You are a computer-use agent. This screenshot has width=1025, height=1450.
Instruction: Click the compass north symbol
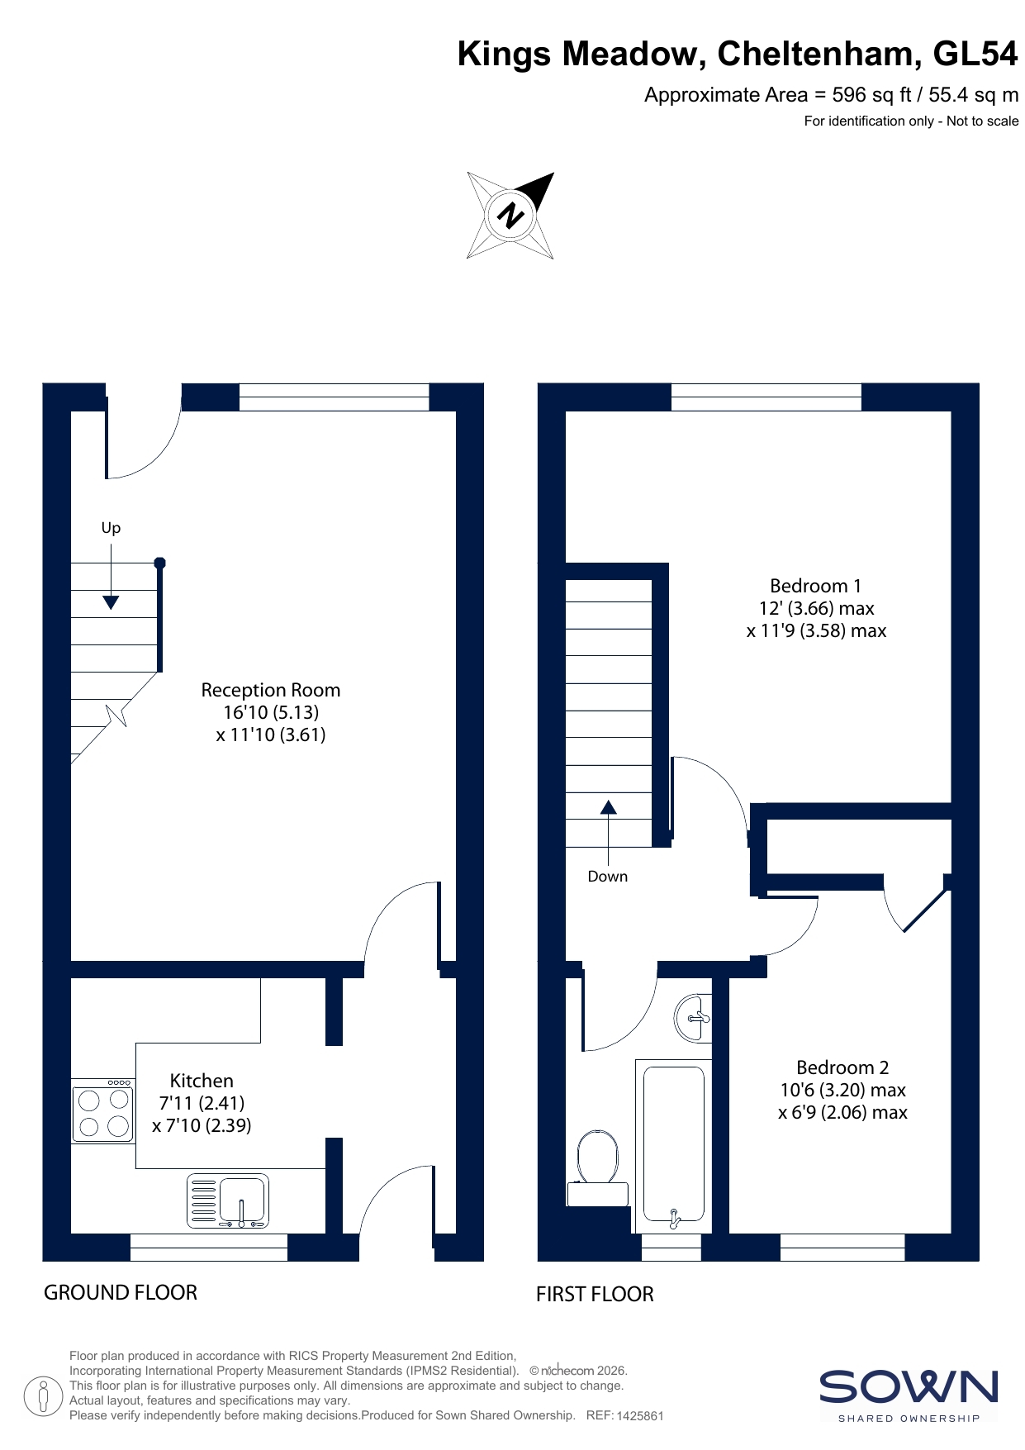click(x=510, y=216)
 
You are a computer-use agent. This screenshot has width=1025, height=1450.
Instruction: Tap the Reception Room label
click(x=271, y=690)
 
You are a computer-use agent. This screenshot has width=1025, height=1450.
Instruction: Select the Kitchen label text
click(x=202, y=1081)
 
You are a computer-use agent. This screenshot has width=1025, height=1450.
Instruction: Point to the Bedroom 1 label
click(x=815, y=586)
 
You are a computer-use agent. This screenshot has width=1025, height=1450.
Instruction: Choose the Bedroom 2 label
click(x=842, y=1067)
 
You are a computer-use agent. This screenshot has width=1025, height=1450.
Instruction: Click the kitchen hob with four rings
click(x=103, y=1111)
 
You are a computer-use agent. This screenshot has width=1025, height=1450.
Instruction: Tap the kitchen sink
click(x=227, y=1200)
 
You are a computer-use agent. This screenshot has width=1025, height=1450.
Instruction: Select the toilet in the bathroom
click(x=598, y=1168)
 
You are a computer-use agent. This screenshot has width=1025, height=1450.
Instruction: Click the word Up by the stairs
click(x=111, y=528)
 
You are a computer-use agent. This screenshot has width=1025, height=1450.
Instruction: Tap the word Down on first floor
click(x=608, y=877)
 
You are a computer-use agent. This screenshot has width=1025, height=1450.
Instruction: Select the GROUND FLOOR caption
click(x=121, y=1292)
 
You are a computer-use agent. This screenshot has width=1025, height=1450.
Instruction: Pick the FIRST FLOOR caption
click(x=595, y=1294)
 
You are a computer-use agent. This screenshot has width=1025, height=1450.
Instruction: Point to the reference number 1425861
click(x=640, y=1415)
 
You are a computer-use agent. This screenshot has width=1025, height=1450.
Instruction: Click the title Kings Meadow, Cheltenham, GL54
click(x=738, y=54)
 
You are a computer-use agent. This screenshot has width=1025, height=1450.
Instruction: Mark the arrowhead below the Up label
click(x=111, y=602)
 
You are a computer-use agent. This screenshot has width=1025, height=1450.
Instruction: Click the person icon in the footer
click(x=45, y=1396)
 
